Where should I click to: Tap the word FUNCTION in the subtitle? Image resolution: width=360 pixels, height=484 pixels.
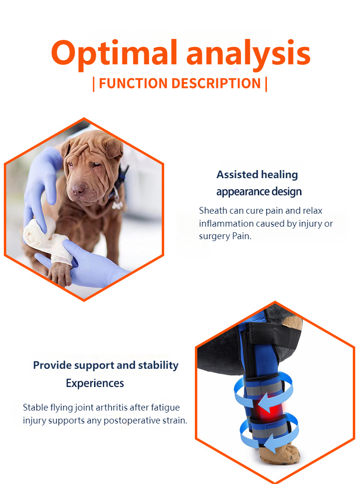coord(133,84)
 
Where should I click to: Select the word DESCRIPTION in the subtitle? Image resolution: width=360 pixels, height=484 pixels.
coord(216,84)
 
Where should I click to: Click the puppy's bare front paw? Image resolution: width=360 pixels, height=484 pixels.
coord(60,274)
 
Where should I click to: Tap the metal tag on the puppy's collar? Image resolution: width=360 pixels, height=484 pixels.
coord(117,205)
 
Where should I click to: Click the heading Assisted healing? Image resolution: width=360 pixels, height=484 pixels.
coord(257,175)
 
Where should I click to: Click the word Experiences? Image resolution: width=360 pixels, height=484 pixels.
coord(95,383)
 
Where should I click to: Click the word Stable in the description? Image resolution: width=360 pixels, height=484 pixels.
coord(35,408)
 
